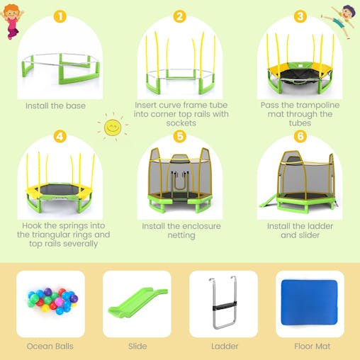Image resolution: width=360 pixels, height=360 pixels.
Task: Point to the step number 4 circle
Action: [60, 136]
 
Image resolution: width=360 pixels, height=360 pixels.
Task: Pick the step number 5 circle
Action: [180, 136]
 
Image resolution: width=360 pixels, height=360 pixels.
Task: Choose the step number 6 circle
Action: [300, 136]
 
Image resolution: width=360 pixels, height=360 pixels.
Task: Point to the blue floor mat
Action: [310, 303]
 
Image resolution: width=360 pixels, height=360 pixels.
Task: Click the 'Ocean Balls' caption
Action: [50, 347]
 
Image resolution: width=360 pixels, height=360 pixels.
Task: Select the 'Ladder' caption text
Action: [224, 347]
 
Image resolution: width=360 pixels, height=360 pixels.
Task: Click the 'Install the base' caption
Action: [55, 106]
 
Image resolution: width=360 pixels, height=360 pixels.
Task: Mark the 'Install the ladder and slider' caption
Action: [300, 231]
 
